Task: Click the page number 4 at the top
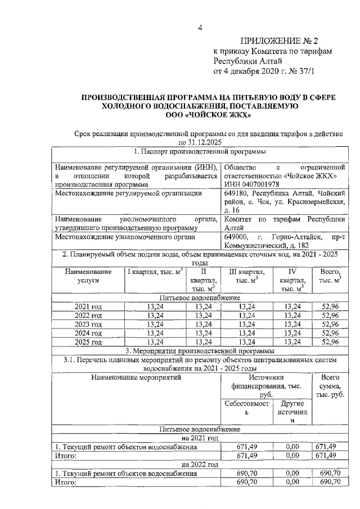[x=200, y=29]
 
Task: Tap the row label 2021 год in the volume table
[x=88, y=306]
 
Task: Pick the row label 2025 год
[x=88, y=341]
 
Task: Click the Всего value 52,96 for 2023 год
[x=330, y=324]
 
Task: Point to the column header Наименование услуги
[x=88, y=275]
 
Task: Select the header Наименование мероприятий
[x=137, y=378]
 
